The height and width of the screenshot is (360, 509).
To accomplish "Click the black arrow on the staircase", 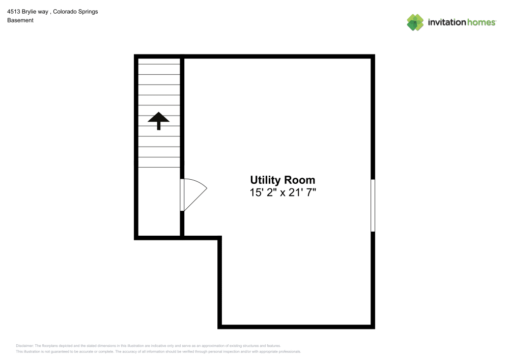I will point(159,121).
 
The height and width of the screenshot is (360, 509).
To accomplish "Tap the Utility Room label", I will point(282,180).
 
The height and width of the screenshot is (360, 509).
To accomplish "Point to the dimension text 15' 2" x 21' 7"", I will point(282,192).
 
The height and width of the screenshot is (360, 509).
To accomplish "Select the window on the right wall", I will point(373,205).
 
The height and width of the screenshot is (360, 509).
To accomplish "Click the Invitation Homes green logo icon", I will point(415,22).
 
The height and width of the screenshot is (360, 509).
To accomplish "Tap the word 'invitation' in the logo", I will point(445,22).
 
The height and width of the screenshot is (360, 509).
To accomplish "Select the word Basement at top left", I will point(20,20).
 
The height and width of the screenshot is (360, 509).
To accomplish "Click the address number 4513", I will point(14,11).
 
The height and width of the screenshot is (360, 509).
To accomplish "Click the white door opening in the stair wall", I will point(182,195).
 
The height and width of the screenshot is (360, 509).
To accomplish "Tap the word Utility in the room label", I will point(265,180).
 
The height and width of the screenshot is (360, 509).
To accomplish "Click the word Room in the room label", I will point(299,180).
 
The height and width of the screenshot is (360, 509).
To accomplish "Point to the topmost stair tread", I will point(159,61).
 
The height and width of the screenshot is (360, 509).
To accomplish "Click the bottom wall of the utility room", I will point(296,326).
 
